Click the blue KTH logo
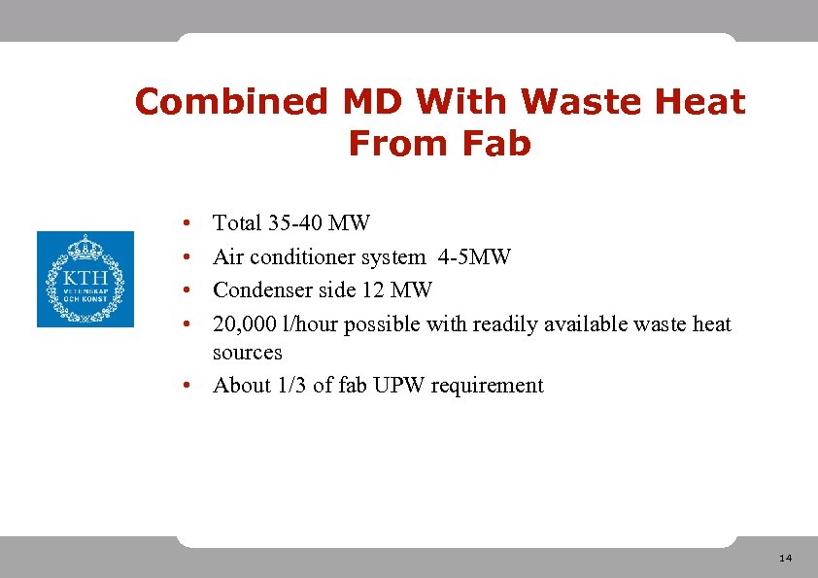tap(85, 279)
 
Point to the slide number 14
tap(785, 558)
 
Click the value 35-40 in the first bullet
tap(295, 223)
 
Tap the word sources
tap(247, 353)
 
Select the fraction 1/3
tap(291, 386)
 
